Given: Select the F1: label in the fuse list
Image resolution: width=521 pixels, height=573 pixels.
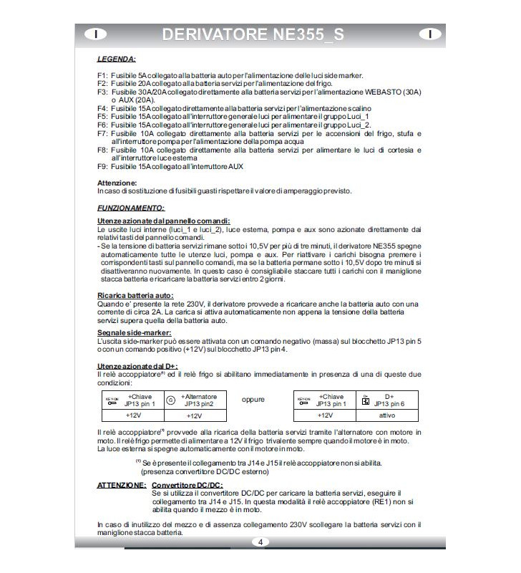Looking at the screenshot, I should (102, 75).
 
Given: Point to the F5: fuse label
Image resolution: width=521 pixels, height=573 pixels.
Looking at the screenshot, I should (102, 116).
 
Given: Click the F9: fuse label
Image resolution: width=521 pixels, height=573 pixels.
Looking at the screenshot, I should (102, 166).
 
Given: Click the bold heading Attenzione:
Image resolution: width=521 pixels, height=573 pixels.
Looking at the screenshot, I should (117, 183).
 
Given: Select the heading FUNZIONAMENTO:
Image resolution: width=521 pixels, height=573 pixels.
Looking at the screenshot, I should (130, 207).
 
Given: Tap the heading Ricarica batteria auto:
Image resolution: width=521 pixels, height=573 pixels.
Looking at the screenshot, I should (135, 295).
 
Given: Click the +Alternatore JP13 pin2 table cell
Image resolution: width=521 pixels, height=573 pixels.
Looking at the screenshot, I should (199, 400).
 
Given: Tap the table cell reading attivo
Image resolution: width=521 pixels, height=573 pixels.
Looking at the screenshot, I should (387, 415).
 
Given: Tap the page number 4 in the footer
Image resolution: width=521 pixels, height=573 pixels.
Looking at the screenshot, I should (260, 542).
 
